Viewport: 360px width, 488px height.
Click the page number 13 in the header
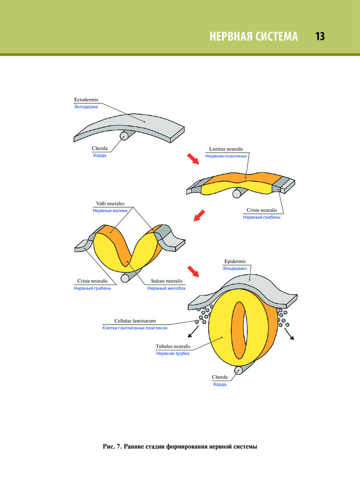(320, 37)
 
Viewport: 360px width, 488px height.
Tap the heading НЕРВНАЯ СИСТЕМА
(253, 37)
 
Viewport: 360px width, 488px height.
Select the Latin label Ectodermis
(86, 100)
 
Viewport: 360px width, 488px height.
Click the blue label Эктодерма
(85, 107)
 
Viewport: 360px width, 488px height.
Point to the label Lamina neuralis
(226, 148)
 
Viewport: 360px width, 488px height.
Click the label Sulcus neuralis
(166, 281)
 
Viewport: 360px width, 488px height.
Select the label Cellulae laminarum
(135, 321)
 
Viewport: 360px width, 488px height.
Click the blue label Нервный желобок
(166, 288)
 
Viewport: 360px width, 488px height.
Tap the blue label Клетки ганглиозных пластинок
(135, 328)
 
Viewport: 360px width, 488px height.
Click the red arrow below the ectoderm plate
(194, 159)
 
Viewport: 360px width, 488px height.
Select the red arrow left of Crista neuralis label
(199, 215)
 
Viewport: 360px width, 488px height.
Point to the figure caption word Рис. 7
(113, 446)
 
